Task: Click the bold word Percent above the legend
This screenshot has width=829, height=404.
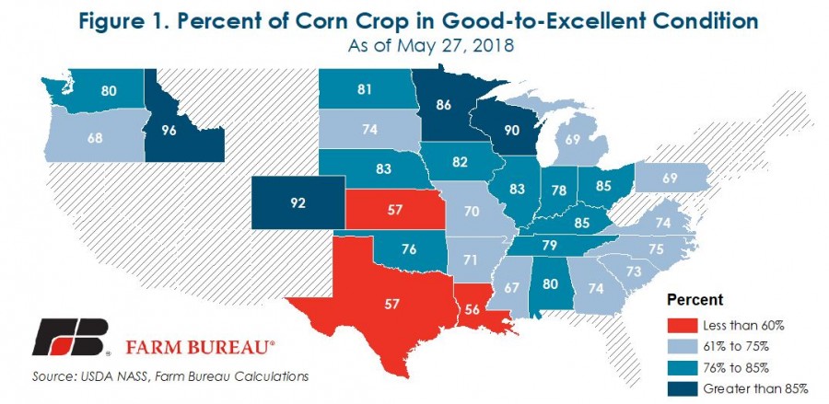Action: [x=695, y=301]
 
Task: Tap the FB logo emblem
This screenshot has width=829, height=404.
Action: [x=72, y=340]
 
